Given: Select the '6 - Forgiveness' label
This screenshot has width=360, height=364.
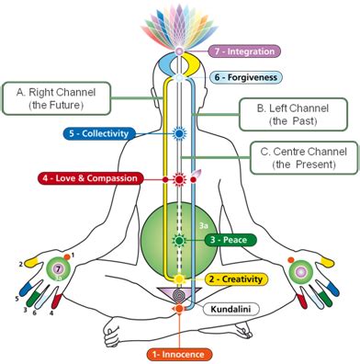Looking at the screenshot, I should (244, 78).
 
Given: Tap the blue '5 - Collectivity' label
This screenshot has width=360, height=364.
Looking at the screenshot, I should (101, 133).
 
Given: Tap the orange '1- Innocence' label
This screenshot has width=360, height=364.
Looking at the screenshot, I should (180, 353).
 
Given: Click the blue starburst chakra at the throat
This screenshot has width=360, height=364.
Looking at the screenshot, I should (180, 133).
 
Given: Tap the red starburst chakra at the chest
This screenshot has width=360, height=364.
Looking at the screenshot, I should (180, 177).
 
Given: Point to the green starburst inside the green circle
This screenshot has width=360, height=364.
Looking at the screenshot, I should (180, 240).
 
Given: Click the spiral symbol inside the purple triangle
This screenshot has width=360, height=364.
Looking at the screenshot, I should (180, 297).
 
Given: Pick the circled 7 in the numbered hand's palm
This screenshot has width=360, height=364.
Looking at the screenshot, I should (58, 270).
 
